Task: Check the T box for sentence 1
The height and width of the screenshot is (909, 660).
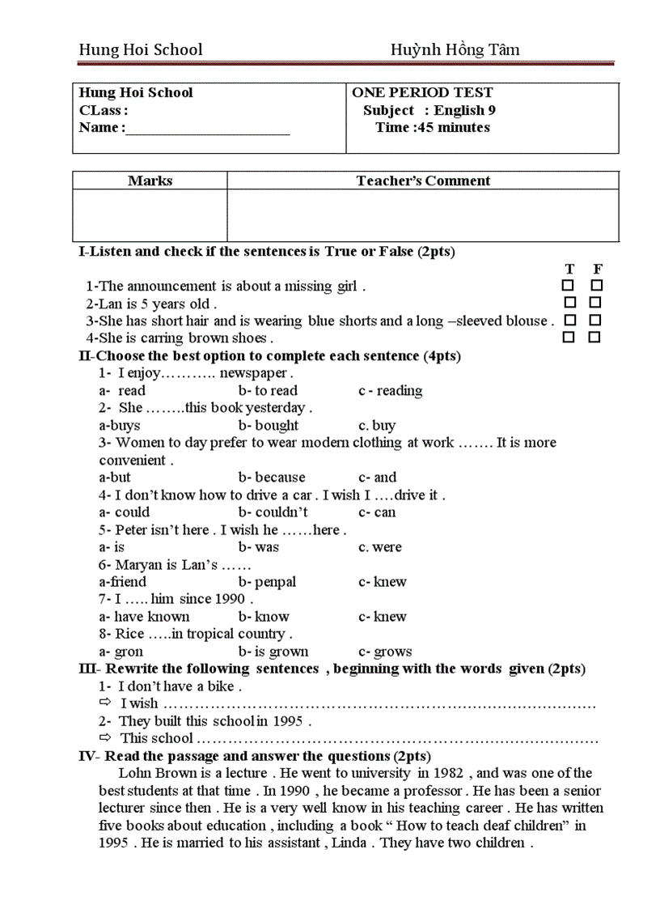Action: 569,286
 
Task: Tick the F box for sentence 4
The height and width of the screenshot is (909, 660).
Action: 594,338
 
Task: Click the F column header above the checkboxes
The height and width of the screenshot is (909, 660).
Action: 597,269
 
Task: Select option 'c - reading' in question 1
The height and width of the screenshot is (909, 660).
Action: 390,391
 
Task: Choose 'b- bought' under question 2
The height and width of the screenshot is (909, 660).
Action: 269,426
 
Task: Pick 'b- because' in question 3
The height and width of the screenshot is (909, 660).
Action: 272,478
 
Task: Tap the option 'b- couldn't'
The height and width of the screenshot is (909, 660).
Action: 273,512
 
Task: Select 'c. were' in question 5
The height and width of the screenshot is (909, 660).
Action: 380,547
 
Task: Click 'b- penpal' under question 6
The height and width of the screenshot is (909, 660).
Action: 267,582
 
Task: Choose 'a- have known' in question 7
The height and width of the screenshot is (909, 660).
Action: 144,617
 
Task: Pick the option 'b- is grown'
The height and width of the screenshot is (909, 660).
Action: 273,652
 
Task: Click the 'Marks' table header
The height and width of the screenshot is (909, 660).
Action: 150,181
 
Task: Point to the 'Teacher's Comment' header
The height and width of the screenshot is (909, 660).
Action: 423,181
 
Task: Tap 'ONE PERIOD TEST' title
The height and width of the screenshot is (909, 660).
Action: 422,93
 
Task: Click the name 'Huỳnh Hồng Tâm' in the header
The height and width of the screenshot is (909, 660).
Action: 455,50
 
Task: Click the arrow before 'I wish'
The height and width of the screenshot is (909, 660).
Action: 105,703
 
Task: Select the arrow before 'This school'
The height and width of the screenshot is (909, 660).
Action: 105,737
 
